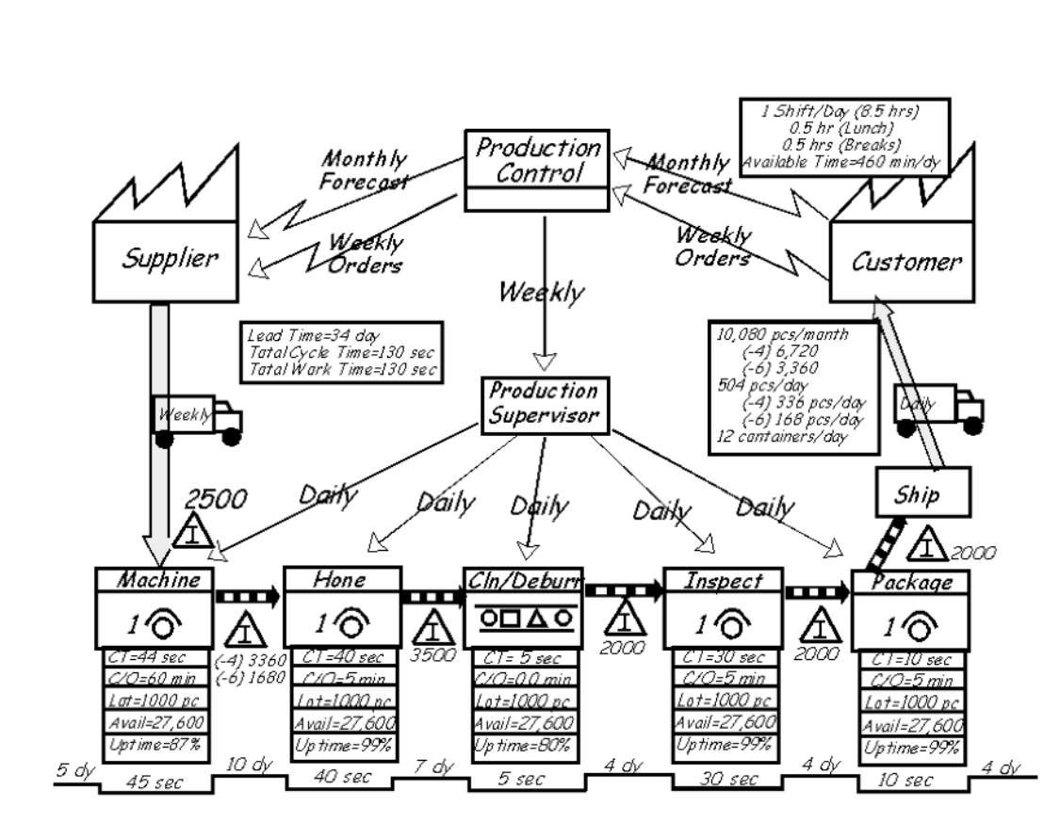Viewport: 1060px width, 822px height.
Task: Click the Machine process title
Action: (x=157, y=580)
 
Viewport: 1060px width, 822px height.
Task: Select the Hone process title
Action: (x=342, y=579)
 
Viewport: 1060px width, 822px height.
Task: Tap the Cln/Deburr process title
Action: (x=523, y=579)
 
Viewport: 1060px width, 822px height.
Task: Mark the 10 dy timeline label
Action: (x=248, y=765)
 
